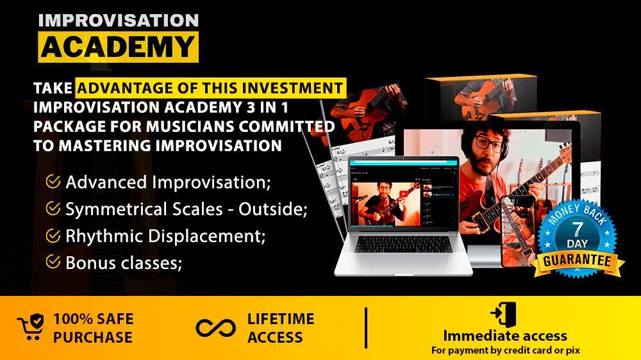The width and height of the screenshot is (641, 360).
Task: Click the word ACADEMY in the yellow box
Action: click(118, 47)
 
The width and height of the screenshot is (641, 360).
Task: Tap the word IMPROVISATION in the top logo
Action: click(119, 20)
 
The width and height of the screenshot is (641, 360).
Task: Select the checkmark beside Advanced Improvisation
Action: click(53, 181)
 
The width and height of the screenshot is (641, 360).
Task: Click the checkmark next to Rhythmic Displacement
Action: click(53, 235)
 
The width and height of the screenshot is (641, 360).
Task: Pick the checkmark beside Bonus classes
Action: click(53, 261)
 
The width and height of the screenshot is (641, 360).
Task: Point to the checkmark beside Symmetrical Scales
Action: click(53, 208)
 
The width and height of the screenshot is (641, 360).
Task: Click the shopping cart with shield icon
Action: click(31, 327)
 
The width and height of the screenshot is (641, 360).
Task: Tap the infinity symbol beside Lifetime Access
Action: click(216, 328)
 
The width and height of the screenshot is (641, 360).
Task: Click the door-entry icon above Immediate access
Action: click(504, 315)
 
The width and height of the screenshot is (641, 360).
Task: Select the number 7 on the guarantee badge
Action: click(578, 230)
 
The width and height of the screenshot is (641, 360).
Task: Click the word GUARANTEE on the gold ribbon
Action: click(577, 261)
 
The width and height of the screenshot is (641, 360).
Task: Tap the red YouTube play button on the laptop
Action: click(403, 195)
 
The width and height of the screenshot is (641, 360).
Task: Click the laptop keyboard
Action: click(403, 244)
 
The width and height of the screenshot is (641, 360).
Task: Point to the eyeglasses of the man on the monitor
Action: click(489, 144)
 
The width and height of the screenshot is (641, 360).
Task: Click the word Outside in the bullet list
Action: click(272, 209)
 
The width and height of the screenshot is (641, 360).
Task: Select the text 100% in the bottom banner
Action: click(70, 319)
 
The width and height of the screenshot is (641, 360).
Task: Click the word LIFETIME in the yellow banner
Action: click(281, 319)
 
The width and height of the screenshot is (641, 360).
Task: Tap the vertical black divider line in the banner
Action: click(366, 328)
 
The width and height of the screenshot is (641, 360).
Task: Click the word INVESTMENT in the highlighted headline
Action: click(292, 88)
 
